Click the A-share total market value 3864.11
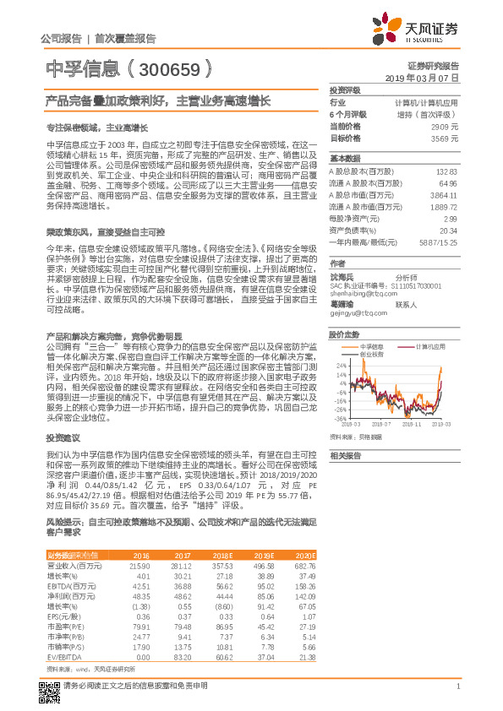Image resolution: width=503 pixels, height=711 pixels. pyautogui.click(x=444, y=195)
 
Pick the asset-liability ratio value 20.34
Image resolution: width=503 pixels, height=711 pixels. pyautogui.click(x=448, y=230)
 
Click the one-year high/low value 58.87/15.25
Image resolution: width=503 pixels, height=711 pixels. pyautogui.click(x=439, y=242)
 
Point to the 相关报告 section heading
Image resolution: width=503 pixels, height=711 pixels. pyautogui.click(x=345, y=455)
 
